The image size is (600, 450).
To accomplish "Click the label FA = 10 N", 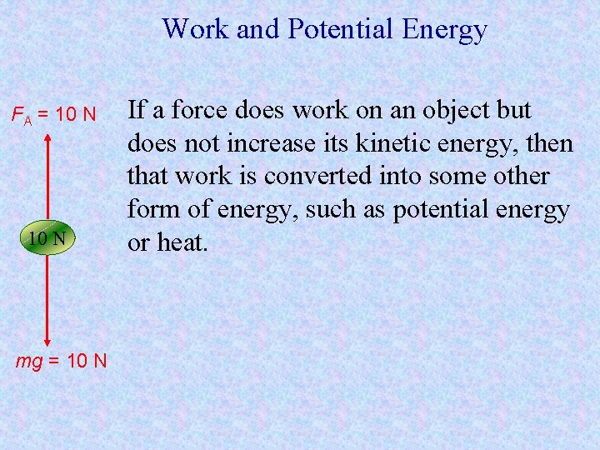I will [53, 113].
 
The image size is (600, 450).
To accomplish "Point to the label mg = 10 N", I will [62, 361].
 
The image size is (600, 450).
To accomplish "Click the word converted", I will [306, 177].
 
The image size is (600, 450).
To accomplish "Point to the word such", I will [330, 210].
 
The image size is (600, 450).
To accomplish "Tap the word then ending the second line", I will [551, 143].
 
